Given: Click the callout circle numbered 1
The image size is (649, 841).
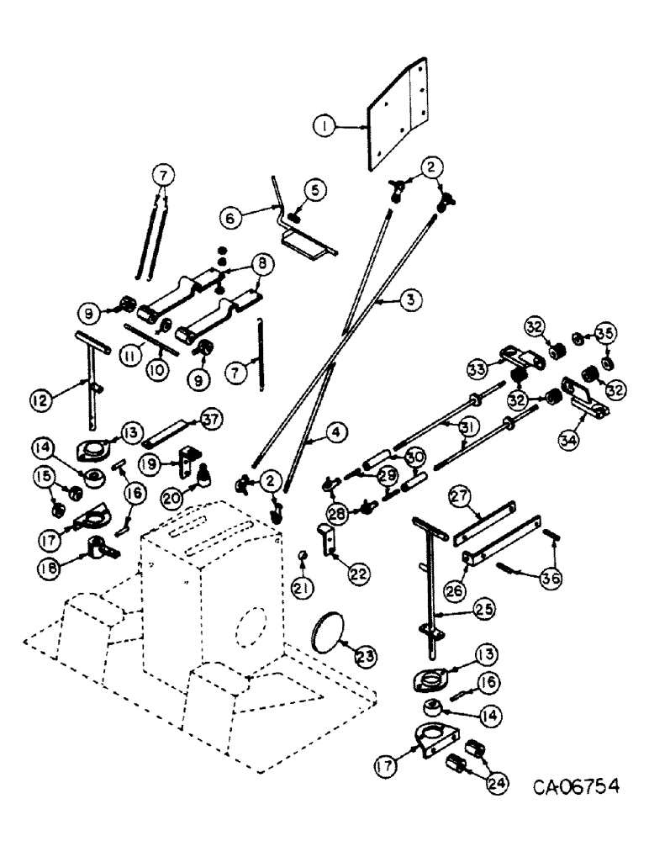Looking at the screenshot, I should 322,127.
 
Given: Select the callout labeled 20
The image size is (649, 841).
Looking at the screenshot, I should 174,497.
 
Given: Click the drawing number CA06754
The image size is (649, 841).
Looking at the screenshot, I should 577,787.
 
